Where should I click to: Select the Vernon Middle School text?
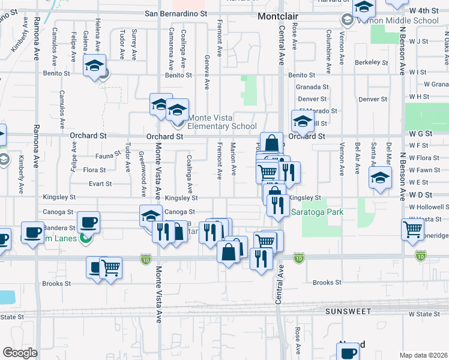pyautogui.click(x=398, y=20)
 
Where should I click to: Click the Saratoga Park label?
pyautogui.click(x=311, y=212)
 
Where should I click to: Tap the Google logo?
pyautogui.click(x=19, y=353)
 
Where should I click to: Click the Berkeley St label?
pyautogui.click(x=367, y=62)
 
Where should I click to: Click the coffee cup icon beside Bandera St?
pyautogui.click(x=89, y=221)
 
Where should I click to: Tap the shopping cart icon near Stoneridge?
pyautogui.click(x=412, y=229)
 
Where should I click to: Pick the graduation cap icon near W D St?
pyautogui.click(x=380, y=178)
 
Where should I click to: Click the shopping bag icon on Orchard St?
pyautogui.click(x=271, y=143)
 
